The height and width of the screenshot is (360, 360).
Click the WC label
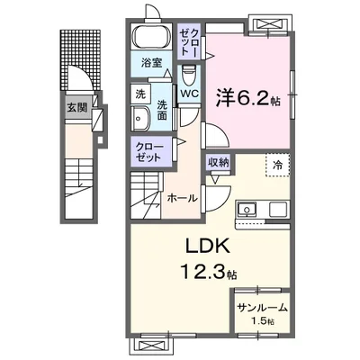[x=189, y=93]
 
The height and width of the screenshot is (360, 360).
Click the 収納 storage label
[x=219, y=162]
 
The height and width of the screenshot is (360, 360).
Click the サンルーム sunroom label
[x=262, y=308]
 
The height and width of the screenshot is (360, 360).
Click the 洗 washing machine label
[x=140, y=94]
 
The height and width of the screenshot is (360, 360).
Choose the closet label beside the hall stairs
[x=149, y=150]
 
